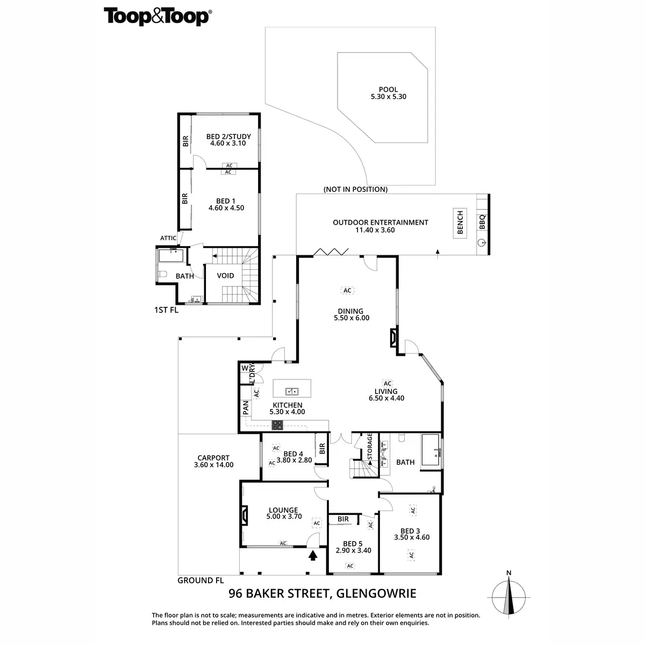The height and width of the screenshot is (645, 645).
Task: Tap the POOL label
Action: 388,90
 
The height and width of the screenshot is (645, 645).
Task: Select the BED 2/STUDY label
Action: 228,137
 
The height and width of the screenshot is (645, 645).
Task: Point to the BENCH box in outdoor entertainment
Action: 460,223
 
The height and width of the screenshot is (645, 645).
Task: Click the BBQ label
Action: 482,222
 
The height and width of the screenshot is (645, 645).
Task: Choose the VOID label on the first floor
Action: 225,276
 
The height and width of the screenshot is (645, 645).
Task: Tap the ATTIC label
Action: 168,238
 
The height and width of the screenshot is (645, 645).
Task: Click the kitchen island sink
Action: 292,391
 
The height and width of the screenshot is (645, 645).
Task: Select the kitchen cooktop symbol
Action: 278,426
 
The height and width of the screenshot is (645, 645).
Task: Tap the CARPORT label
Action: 213,458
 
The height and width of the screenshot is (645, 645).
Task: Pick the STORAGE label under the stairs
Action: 370,446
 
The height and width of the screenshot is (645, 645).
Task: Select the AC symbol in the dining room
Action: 347,291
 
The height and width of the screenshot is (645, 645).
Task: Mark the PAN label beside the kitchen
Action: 246,407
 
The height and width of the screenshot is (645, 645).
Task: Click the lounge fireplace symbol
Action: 244,515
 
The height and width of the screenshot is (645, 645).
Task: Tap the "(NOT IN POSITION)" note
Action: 355,189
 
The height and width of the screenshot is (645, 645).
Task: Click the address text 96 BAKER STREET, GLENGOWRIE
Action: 322,593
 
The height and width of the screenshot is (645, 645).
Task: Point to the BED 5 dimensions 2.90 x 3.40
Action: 353,550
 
